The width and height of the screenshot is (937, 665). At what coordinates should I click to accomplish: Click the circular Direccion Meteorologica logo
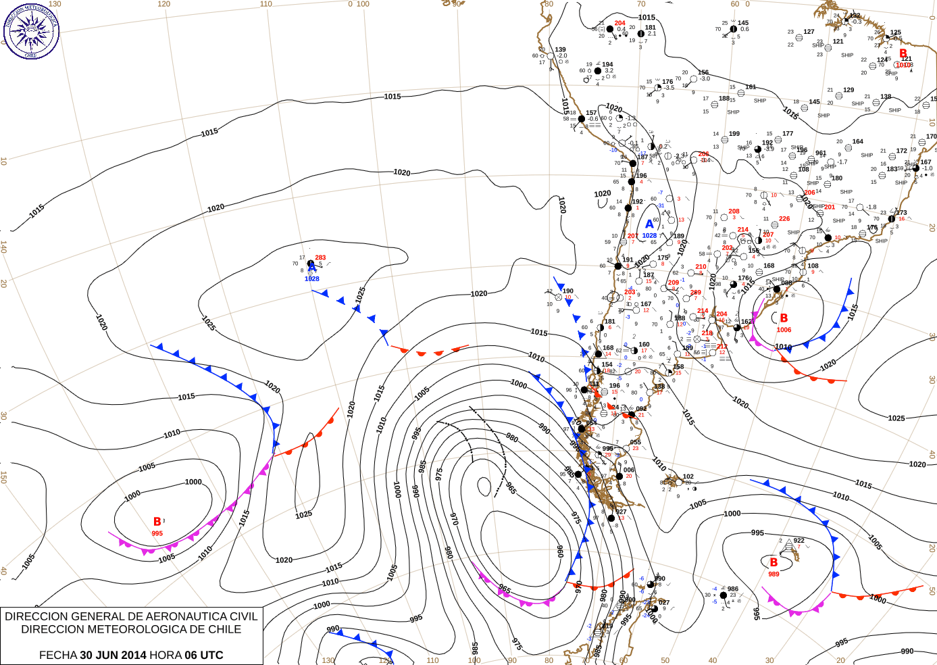(31, 30)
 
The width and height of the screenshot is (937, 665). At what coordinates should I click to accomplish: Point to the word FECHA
(57, 655)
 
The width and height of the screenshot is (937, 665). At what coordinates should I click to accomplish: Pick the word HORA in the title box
(166, 655)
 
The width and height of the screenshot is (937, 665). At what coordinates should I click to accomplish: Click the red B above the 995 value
(157, 522)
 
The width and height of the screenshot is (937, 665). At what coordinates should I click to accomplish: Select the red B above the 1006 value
(784, 318)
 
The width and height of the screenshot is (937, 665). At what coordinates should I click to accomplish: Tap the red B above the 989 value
(774, 562)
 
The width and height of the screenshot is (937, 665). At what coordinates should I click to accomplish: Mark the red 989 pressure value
(774, 574)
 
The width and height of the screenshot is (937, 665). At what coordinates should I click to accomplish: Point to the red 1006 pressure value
(784, 330)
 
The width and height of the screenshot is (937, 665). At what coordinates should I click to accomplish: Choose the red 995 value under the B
(157, 533)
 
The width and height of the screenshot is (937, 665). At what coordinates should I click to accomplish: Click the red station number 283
(320, 257)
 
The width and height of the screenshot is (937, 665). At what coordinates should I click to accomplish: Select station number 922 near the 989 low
(799, 540)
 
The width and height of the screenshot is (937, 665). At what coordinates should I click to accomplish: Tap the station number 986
(733, 589)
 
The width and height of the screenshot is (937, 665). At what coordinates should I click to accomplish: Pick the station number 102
(688, 476)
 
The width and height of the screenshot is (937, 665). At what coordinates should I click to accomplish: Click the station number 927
(621, 512)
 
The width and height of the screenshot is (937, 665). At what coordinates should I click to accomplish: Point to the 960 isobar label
(560, 551)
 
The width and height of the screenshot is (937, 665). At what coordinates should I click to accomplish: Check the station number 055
(635, 443)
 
